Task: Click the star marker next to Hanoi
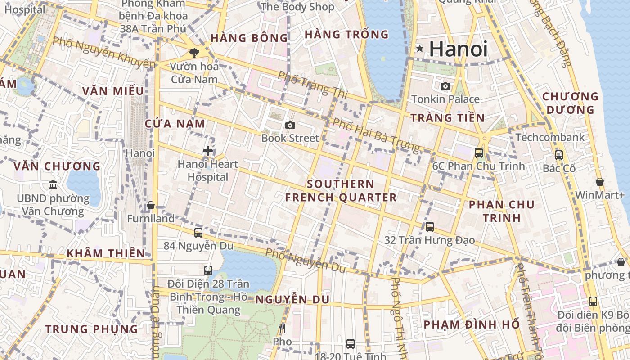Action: point(420,49)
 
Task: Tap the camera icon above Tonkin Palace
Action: point(445,86)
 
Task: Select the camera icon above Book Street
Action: point(290,125)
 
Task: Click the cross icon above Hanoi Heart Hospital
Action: point(207,151)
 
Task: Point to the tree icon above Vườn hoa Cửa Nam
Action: point(194,53)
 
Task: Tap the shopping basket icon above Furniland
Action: point(151,206)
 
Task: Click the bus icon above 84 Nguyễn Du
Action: point(198,233)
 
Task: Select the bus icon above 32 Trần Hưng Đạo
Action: point(430,227)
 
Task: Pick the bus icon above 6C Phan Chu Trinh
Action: point(479,153)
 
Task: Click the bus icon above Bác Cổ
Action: point(559,155)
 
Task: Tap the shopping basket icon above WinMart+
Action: point(600,182)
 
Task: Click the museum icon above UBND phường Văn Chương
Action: point(53,185)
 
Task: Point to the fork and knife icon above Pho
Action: point(282,328)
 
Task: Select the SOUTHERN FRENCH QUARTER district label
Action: point(341,190)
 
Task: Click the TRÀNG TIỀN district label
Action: point(447,118)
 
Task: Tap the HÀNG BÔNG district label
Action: point(249,38)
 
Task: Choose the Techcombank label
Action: point(550,137)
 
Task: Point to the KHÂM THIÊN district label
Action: point(106,253)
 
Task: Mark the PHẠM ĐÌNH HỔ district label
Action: point(472,324)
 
